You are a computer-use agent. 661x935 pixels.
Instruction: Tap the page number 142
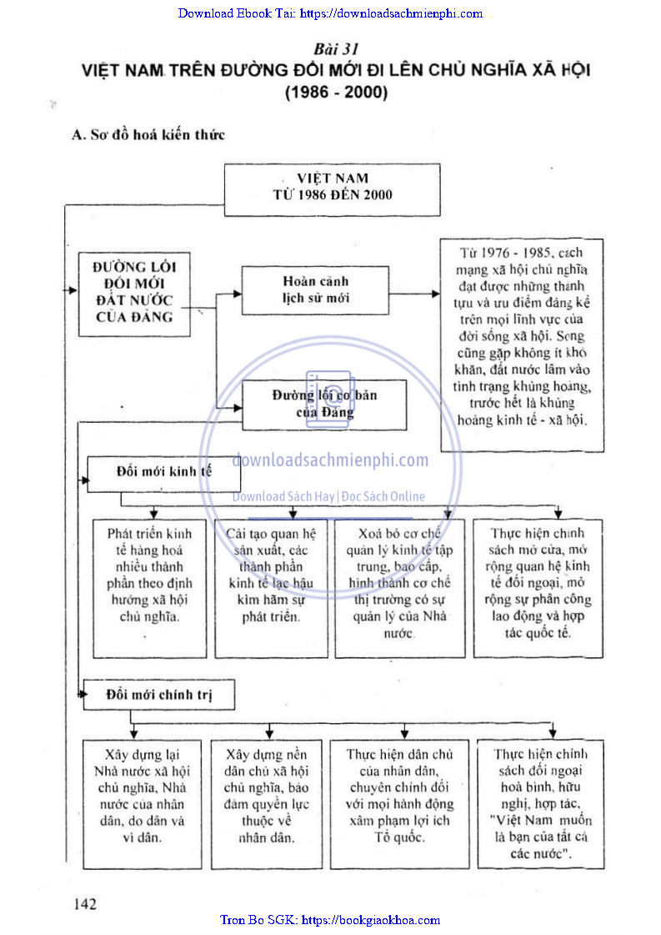[86, 904]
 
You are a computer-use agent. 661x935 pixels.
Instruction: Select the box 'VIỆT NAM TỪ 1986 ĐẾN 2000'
[333, 189]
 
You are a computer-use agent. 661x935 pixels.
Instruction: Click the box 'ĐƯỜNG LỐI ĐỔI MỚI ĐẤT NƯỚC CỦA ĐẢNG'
[133, 292]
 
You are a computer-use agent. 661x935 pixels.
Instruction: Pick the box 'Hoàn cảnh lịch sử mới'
[315, 290]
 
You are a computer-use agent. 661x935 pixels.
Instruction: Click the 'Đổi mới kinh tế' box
[163, 471]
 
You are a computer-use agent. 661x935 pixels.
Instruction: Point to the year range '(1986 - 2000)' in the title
[336, 93]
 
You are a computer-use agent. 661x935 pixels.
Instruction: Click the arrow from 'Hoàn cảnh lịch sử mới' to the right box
[416, 294]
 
